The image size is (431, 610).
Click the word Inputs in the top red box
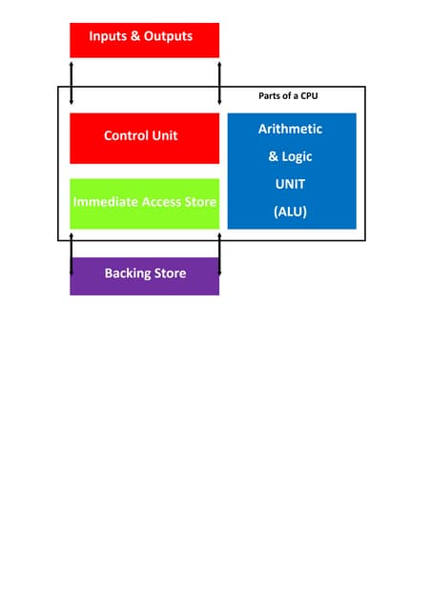click(109, 36)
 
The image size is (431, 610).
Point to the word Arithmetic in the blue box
click(291, 129)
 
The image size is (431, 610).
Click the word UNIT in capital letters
click(291, 184)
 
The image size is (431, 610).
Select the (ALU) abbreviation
click(291, 212)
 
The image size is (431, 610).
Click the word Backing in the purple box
click(129, 274)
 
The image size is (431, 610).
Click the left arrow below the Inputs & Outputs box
click(72, 83)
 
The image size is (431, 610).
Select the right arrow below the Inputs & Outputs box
click(220, 83)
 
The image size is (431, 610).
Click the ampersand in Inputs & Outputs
click(137, 36)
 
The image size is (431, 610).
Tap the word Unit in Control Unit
click(163, 135)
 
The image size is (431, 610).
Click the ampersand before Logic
click(273, 156)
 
